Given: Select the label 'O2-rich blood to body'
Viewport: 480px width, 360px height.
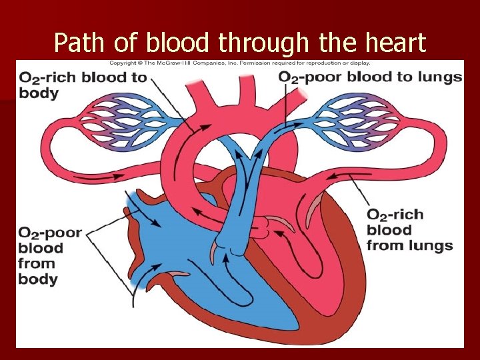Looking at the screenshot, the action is (x=83, y=84).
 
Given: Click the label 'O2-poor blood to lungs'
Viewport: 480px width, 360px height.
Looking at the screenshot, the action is (x=370, y=77).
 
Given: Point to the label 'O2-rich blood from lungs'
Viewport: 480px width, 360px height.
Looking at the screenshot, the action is (x=408, y=230).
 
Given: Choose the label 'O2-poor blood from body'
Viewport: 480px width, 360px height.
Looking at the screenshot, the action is (x=49, y=255).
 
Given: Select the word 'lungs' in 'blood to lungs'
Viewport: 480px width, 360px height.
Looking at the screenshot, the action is (x=438, y=77).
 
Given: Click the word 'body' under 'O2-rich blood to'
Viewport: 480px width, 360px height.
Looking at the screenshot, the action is (x=39, y=93).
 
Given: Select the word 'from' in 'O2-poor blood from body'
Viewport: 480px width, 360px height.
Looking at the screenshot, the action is (x=36, y=263).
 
